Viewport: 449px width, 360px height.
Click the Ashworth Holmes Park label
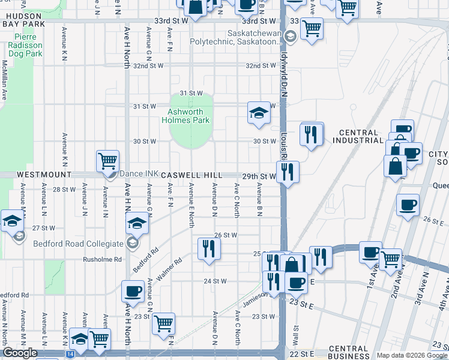[x=189, y=116]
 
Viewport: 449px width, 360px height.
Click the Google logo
[x=20, y=352]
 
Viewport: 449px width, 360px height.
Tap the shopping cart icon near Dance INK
[x=107, y=161]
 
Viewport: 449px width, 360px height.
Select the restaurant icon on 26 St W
[x=208, y=248]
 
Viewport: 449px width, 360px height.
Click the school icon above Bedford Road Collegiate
[x=137, y=224]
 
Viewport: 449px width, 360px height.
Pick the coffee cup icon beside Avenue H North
[x=132, y=292]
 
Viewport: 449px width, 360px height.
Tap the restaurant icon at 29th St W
[x=288, y=172]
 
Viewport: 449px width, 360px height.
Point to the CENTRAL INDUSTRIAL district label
[x=358, y=137]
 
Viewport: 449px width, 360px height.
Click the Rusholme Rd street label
[x=102, y=260]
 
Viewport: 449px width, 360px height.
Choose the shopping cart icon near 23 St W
[x=163, y=324]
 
